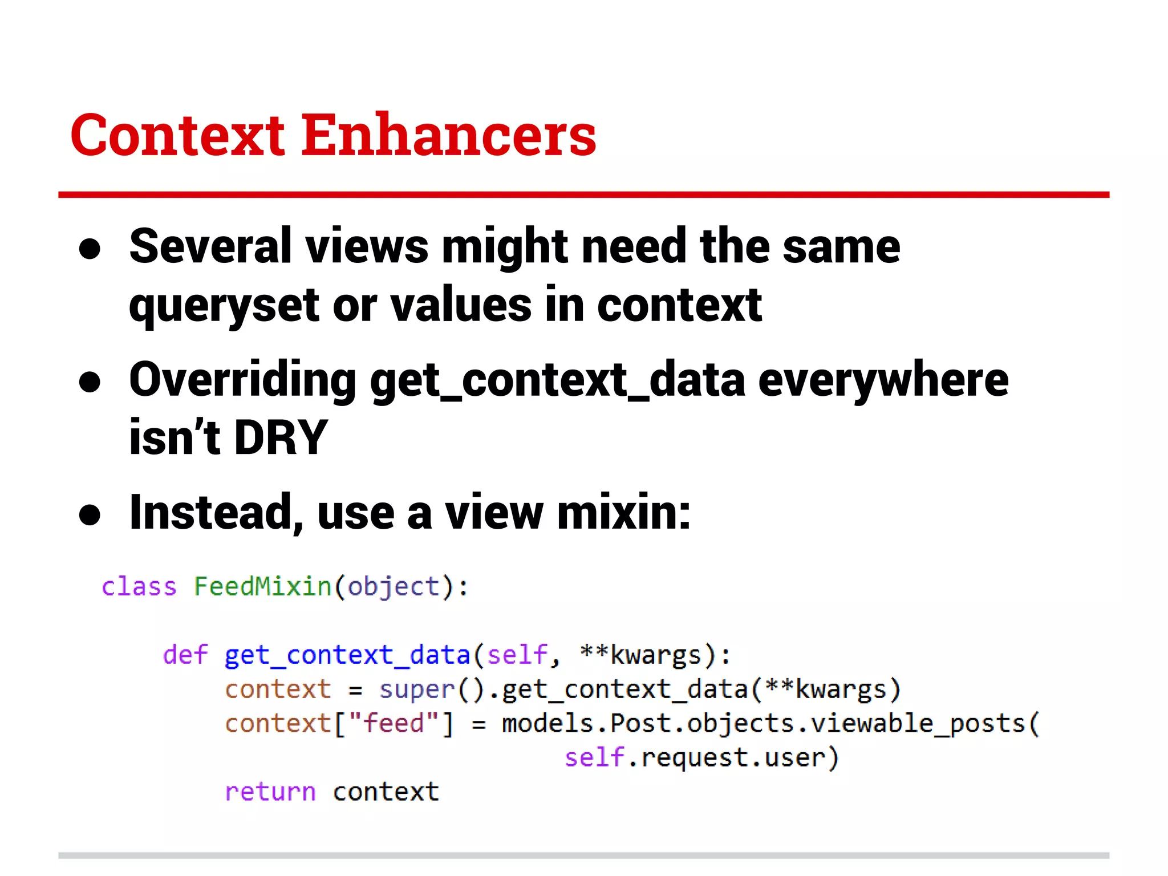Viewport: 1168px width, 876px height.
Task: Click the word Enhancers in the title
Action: [448, 135]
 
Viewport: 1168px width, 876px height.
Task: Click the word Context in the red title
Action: [177, 135]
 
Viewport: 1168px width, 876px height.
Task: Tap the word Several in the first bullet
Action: [210, 246]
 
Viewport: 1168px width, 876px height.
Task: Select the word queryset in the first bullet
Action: [224, 306]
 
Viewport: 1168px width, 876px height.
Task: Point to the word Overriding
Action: [242, 380]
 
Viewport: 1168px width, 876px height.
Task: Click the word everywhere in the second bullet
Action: [883, 380]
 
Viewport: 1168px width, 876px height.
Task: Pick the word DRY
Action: [281, 437]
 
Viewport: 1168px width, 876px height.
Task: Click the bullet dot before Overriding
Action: [90, 382]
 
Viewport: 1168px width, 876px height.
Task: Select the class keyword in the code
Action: [139, 587]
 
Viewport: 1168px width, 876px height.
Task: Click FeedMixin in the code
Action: [262, 587]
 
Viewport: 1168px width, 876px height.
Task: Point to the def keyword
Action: [185, 655]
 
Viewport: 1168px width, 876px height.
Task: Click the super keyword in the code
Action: [417, 690]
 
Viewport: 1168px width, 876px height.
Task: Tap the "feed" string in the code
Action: [394, 724]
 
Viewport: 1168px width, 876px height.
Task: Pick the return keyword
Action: [270, 792]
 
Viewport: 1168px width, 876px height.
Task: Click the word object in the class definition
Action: [394, 587]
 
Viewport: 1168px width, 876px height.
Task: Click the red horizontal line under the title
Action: [583, 195]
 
